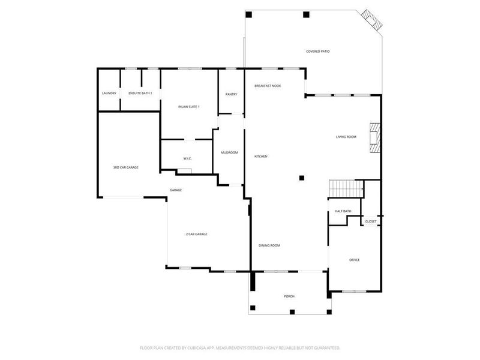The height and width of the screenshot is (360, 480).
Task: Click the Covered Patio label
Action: tap(318, 52)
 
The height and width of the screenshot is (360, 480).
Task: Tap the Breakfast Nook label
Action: tap(268, 86)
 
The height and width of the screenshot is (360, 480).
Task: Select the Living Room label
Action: tap(346, 137)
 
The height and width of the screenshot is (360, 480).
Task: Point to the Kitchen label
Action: tap(260, 157)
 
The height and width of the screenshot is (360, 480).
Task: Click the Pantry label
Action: tap(231, 94)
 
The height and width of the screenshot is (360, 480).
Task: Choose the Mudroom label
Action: tap(229, 152)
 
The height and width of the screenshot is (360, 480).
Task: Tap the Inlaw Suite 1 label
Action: tap(188, 107)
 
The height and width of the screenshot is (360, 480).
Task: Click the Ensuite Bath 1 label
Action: tap(140, 94)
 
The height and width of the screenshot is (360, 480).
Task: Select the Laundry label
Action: tap(109, 94)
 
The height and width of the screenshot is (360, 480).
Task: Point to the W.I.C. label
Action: tap(187, 158)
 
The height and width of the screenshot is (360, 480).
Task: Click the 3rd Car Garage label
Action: tap(125, 167)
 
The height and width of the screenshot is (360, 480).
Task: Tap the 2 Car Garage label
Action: tap(196, 234)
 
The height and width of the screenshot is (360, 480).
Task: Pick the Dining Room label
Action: tap(269, 245)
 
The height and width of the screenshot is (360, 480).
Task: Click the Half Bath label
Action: tap(343, 211)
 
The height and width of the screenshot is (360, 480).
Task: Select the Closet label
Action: tap(371, 221)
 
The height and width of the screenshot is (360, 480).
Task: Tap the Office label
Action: tap(354, 260)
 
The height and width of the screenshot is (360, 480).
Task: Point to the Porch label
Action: tap(289, 296)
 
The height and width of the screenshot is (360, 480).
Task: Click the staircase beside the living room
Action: tap(346, 188)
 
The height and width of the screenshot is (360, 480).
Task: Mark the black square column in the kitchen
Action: tap(302, 178)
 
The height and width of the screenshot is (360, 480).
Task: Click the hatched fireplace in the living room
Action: tap(375, 137)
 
